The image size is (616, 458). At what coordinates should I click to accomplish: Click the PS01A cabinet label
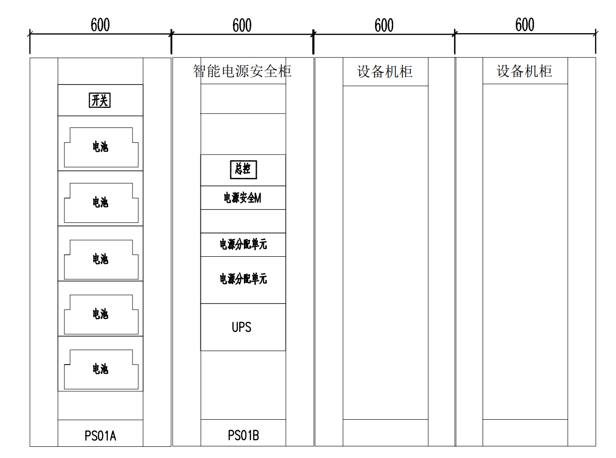tap(100, 436)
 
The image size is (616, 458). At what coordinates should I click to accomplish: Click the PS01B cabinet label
tap(243, 436)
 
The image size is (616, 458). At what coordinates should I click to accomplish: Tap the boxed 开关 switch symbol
tap(100, 100)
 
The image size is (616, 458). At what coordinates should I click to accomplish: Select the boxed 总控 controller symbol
tap(243, 169)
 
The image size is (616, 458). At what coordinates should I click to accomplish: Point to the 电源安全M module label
tap(242, 197)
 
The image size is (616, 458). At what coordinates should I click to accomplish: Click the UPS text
tap(242, 327)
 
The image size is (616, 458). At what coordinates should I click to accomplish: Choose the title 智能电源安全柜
tap(242, 71)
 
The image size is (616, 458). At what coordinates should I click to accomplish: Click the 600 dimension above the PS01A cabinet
tap(100, 25)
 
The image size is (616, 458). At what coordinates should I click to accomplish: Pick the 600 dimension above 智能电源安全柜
tap(242, 25)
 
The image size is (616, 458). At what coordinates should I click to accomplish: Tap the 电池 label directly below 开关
tap(100, 147)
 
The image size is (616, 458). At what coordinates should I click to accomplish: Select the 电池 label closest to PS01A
tap(100, 369)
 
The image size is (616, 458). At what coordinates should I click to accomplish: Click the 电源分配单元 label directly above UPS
tap(243, 279)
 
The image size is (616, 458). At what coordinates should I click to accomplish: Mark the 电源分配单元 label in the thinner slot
tap(243, 244)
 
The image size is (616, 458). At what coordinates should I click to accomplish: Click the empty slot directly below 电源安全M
tap(243, 221)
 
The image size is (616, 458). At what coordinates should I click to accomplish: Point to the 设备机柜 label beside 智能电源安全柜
tap(385, 71)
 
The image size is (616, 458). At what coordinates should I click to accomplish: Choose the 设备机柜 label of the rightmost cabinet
tap(524, 71)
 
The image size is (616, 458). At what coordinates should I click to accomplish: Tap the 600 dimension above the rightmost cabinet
tap(525, 24)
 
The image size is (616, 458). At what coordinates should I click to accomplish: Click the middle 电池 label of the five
tap(100, 259)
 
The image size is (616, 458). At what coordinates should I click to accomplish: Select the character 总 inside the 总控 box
tap(239, 169)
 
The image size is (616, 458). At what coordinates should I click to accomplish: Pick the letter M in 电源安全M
tap(257, 198)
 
